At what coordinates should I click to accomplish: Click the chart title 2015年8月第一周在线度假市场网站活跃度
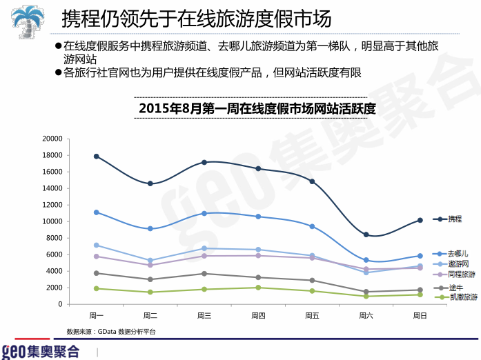coord(257,108)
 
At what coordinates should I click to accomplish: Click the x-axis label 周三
coord(204,316)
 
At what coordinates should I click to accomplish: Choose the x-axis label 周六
coord(366,316)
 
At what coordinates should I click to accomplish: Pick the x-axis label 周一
coord(97,316)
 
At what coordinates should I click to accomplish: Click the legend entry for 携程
coord(454,219)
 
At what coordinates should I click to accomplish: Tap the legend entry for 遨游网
coord(457,264)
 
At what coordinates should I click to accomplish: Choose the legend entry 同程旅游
coord(460,274)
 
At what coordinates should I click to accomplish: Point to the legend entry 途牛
coord(454,288)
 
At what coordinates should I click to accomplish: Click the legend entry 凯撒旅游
coord(460,297)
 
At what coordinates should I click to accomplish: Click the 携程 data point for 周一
coord(97,157)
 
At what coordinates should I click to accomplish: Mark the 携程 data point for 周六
coord(366,234)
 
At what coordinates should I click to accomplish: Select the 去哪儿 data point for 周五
coord(312,226)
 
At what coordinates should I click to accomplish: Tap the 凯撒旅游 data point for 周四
coord(258,288)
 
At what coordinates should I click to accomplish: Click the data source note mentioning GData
coord(111,332)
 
